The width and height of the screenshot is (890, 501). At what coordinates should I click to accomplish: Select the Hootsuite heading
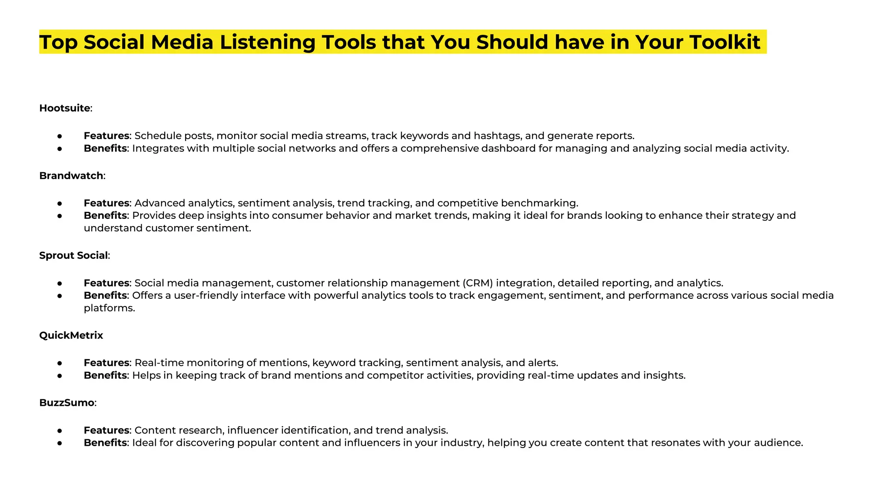pos(65,108)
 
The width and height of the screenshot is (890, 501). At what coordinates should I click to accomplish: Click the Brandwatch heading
pos(71,176)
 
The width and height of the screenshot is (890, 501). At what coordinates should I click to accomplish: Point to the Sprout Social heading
pos(73,255)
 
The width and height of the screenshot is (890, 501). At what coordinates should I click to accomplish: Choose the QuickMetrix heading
pos(71,335)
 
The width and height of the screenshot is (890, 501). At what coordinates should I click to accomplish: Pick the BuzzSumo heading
pos(66,403)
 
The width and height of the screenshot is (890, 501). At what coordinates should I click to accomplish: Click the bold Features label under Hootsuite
pos(106,136)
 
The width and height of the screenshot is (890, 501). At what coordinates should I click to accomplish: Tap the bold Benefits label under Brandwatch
pos(105,215)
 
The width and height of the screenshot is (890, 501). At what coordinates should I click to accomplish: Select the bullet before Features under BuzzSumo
pos(60,431)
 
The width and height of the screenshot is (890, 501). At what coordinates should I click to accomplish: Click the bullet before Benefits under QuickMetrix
pos(60,375)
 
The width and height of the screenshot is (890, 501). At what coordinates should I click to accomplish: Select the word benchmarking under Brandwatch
pos(539,203)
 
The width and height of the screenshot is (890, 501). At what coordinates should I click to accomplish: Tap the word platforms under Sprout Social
pos(109,308)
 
